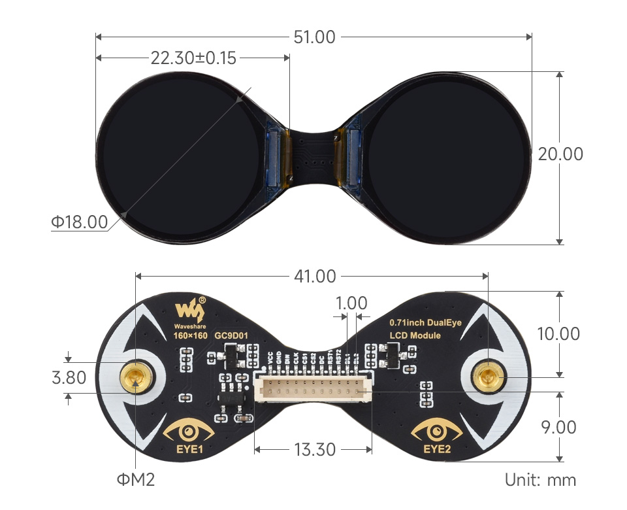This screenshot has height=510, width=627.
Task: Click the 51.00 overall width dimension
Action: [314, 37]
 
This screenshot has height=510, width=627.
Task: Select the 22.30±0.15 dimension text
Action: [193, 58]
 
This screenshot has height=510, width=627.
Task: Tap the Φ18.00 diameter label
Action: [79, 222]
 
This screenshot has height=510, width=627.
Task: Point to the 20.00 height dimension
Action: [560, 154]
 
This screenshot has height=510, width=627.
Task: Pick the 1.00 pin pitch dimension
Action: [351, 303]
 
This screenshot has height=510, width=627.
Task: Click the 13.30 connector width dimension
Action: [314, 450]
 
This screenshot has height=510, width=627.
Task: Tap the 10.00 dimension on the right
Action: [558, 333]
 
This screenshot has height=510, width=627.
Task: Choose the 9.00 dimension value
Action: [558, 427]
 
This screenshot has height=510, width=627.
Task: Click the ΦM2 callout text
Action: [136, 480]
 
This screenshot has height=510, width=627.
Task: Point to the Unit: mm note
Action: [540, 480]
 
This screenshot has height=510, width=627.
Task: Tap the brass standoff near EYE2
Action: [489, 377]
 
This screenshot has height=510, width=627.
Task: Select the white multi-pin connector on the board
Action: [313, 390]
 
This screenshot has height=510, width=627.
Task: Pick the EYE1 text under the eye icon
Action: [189, 449]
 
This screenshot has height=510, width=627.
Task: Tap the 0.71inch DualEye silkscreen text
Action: [425, 322]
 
